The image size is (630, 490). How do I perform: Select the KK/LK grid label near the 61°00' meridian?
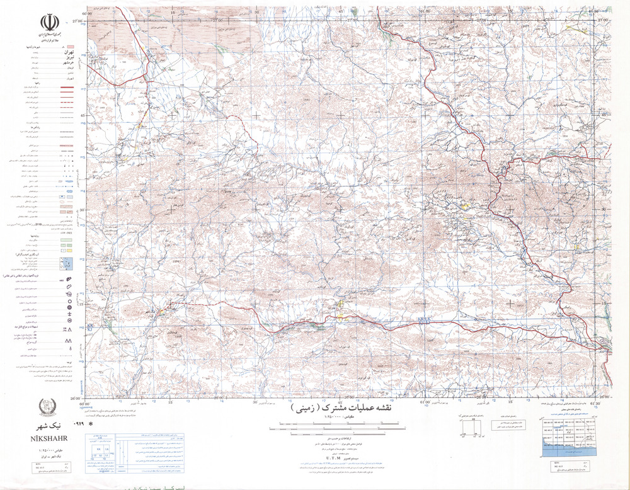pos(423,321)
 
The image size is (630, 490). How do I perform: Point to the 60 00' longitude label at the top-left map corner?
pos(86,11)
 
